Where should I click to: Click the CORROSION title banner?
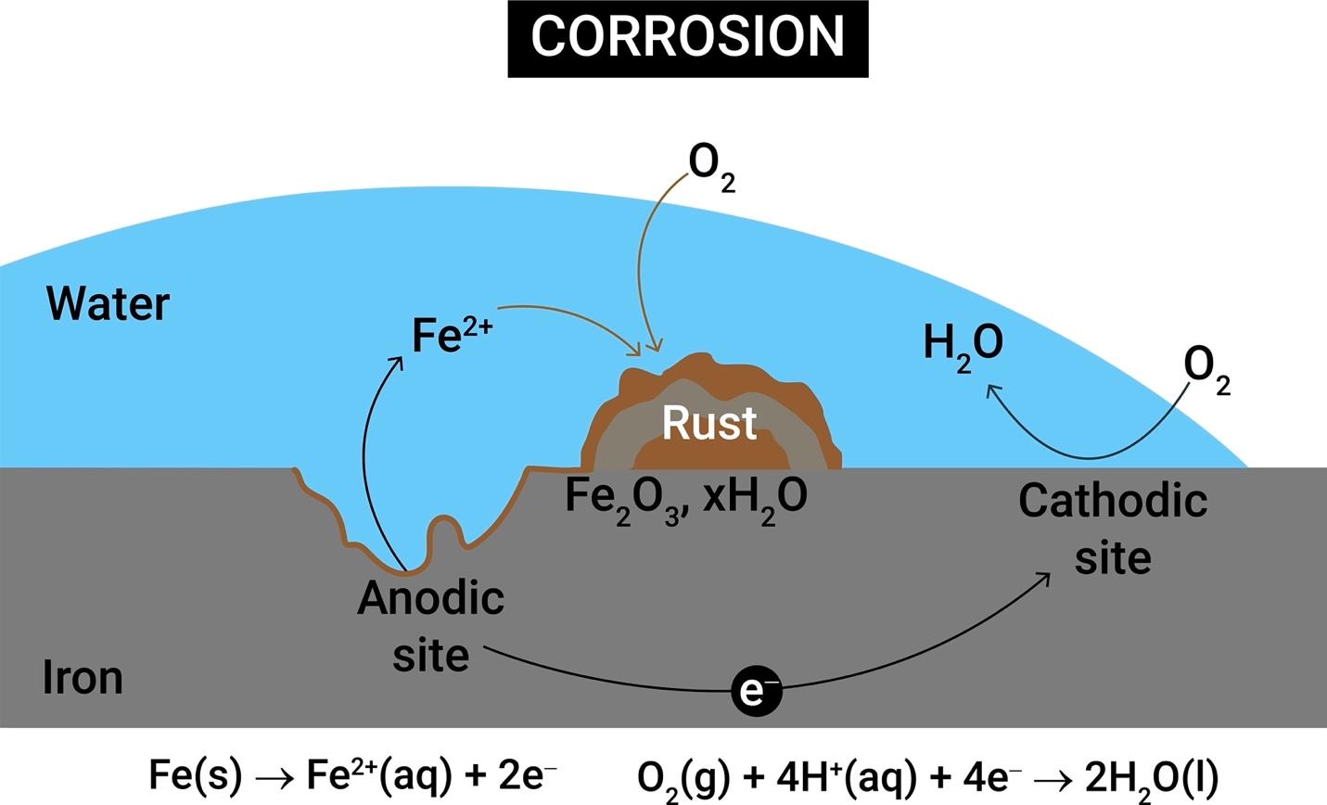coord(687,37)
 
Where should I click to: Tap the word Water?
coord(108,303)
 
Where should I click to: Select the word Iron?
coord(83,678)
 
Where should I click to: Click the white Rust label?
coord(709,423)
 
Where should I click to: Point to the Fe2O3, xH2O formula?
coord(686,499)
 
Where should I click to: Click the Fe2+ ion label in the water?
coord(452,334)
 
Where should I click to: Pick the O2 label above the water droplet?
coord(711,167)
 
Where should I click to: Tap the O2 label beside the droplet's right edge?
coord(1206,370)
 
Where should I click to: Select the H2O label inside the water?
coord(963,345)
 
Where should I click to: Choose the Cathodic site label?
coord(1113,530)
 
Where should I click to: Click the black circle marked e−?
coord(757,691)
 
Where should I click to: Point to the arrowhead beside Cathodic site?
coord(1044,578)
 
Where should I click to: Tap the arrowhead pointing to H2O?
coord(991,390)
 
